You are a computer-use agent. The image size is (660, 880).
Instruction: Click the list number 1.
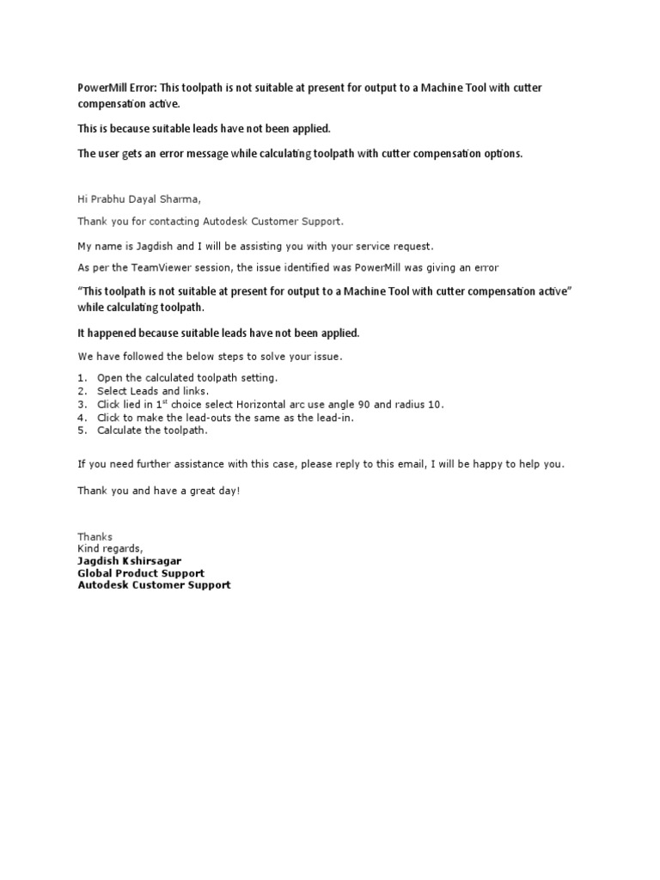[x=82, y=378]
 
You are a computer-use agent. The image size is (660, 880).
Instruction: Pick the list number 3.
[x=82, y=405]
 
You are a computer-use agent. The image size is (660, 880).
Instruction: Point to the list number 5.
[x=82, y=431]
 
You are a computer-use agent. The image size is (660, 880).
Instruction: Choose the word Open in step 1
[x=110, y=378]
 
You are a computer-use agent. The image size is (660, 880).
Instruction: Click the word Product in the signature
[x=142, y=573]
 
